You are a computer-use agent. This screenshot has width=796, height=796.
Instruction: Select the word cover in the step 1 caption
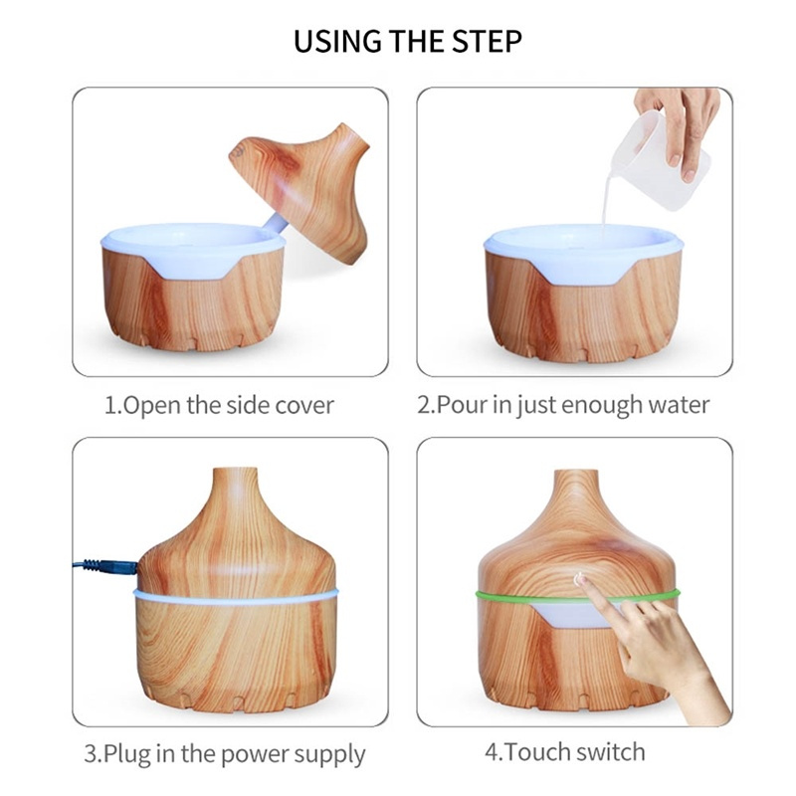click(x=304, y=406)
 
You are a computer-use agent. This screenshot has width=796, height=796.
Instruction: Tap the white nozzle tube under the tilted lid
click(x=276, y=223)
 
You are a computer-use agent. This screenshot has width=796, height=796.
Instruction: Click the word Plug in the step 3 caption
click(x=127, y=754)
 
